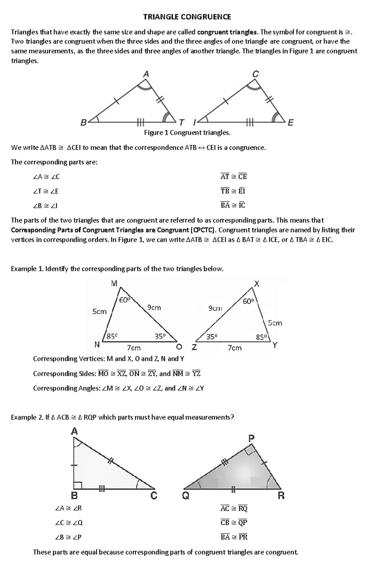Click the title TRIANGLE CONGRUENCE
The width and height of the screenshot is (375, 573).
[x=187, y=17]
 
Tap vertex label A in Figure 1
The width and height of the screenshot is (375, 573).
[x=146, y=74]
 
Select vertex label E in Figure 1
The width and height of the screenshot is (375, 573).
[x=290, y=123]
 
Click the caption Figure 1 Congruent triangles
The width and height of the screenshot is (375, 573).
[x=187, y=133]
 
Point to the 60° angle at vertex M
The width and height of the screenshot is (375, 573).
[x=124, y=300]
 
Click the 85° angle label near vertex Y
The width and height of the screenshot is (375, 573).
[x=261, y=337]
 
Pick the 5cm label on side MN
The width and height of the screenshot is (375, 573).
[x=99, y=311]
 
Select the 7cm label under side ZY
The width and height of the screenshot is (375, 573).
[x=234, y=348]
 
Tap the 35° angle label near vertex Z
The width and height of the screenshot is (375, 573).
[x=212, y=337]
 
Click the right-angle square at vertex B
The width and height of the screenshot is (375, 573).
[x=77, y=485]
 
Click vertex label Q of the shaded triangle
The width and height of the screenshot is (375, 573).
[x=185, y=496]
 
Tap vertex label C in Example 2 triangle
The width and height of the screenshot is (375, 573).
[x=154, y=496]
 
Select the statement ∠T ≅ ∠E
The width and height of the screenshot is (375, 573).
[x=46, y=191]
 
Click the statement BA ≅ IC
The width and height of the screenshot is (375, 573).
[x=233, y=205]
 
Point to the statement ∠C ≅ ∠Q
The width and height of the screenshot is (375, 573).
[x=69, y=523]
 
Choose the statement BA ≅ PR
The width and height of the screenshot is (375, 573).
[x=234, y=537]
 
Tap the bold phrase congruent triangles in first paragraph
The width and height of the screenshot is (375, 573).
[x=227, y=32]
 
